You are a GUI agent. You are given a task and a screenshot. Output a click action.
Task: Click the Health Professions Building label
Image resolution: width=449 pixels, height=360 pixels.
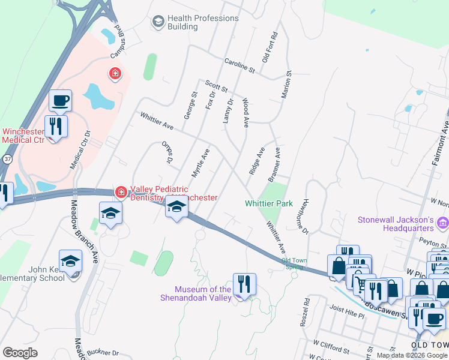coord(203,22)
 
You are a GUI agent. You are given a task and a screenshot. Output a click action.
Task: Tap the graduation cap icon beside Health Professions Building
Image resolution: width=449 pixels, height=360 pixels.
coord(158,22)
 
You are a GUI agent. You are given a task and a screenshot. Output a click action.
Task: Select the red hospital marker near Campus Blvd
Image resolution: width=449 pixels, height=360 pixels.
coord(114,74)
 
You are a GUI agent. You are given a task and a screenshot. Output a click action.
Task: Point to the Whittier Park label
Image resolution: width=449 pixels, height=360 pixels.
coord(269,203)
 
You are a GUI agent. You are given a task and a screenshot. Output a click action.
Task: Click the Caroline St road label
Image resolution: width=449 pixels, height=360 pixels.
coord(240,66)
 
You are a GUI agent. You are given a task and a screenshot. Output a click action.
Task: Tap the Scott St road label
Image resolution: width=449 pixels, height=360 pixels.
coord(216,87)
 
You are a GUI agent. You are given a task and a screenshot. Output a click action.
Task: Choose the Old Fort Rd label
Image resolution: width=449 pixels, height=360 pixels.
coord(270,47)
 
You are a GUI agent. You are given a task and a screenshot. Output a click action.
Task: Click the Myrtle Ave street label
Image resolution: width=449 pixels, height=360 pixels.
coord(200,163)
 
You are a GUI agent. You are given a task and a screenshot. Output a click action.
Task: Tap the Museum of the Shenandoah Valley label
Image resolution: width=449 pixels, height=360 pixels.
coord(196,293)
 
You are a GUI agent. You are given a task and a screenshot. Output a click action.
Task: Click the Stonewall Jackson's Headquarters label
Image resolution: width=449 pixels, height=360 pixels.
coord(396,224)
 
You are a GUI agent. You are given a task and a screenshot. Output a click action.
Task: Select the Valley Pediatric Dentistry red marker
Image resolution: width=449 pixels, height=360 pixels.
coord(121,191)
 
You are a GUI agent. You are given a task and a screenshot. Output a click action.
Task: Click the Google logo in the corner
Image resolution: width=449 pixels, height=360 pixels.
coord(20,353)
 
